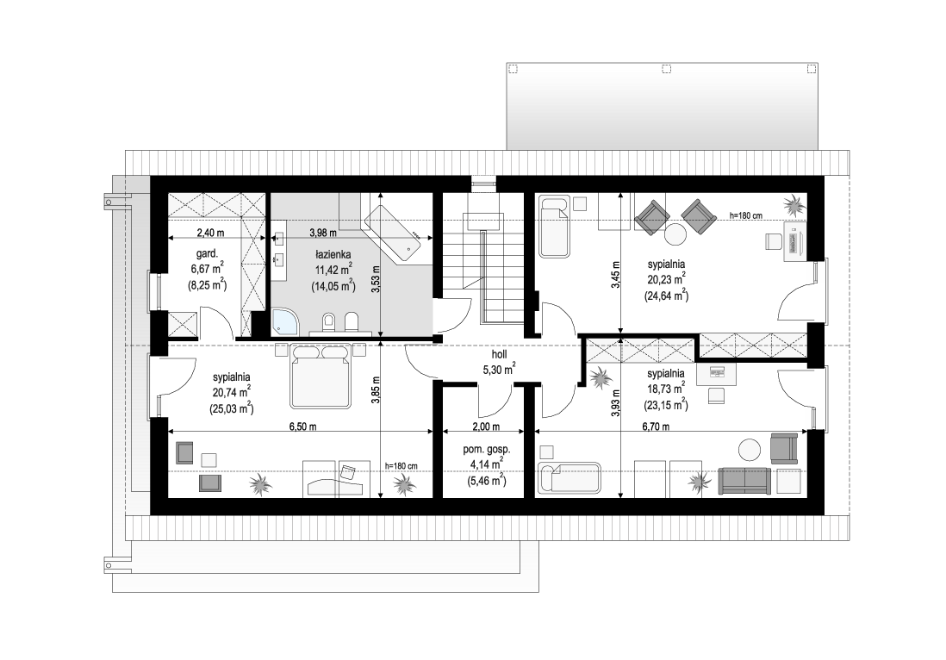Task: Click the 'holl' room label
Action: (x=499, y=355)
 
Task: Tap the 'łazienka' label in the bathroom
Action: (x=333, y=255)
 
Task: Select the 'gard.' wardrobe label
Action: (x=207, y=254)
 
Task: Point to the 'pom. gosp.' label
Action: (x=486, y=450)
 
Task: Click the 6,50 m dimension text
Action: (x=302, y=427)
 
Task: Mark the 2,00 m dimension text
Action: (x=486, y=427)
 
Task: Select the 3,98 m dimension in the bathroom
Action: (x=323, y=233)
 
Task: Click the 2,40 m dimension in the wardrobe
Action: (x=210, y=233)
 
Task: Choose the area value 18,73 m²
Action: (x=666, y=389)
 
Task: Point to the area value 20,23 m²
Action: (x=666, y=279)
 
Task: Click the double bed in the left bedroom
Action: (x=321, y=377)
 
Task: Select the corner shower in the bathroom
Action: (x=284, y=322)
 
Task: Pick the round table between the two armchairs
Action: (x=675, y=234)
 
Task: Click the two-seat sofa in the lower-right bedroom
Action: (x=744, y=481)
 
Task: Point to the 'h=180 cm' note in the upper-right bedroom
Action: (x=746, y=215)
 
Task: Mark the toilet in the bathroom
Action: (x=329, y=322)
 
